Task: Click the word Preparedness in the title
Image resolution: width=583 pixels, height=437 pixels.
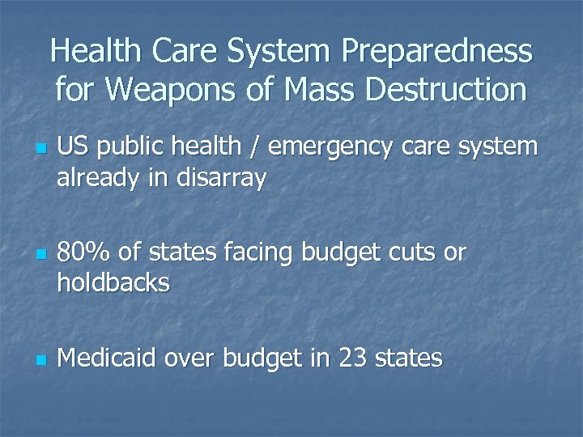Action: point(437,53)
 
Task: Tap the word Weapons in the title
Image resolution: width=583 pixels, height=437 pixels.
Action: point(169,89)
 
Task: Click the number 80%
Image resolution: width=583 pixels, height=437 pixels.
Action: point(83,254)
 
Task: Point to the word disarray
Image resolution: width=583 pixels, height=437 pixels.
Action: point(223,179)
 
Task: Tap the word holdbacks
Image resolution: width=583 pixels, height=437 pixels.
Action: point(113,283)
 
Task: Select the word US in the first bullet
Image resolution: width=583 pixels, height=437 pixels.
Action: point(70,148)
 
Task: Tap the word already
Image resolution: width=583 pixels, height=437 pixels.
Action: point(96,179)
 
